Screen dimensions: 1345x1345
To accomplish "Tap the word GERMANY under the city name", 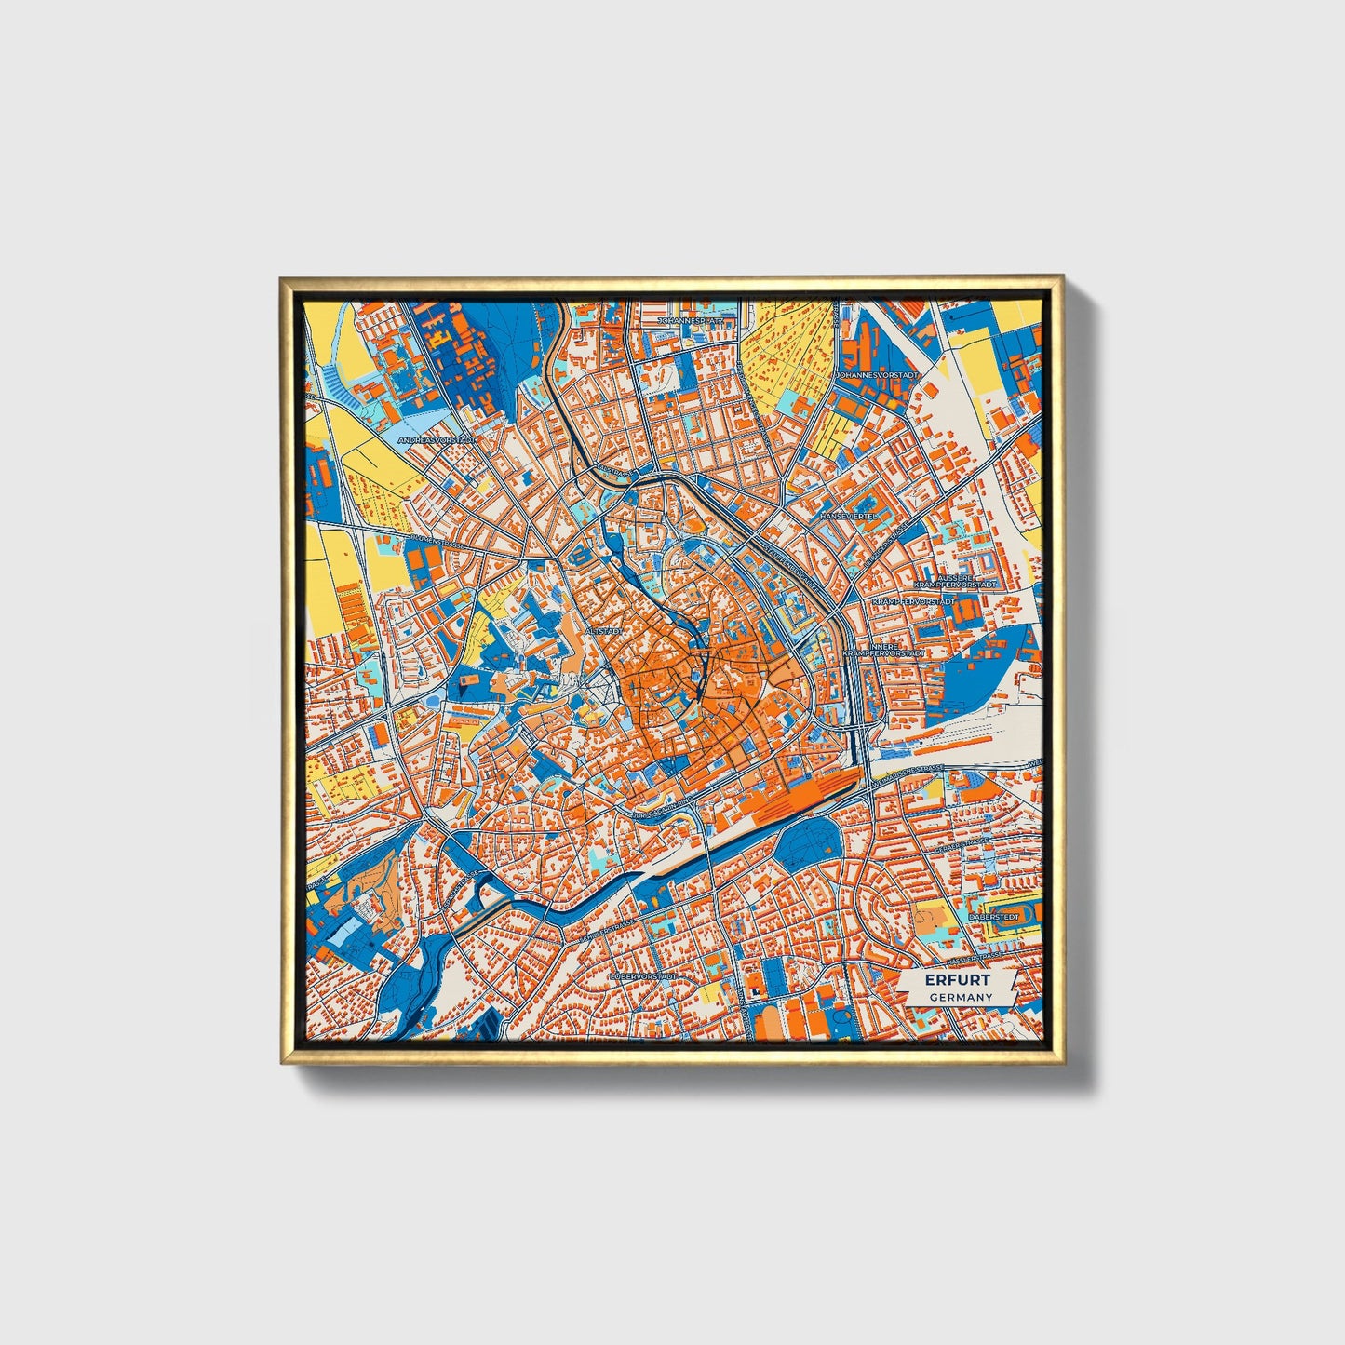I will click(960, 997).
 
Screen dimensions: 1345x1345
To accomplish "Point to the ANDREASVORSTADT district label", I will click(436, 439).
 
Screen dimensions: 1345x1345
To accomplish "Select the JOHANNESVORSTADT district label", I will click(876, 375).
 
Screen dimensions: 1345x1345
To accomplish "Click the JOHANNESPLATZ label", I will click(690, 320).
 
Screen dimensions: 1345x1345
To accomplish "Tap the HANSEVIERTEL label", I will click(848, 515).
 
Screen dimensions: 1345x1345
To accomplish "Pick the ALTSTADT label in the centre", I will click(601, 631).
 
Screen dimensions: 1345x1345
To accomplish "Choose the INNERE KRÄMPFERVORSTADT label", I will click(883, 650).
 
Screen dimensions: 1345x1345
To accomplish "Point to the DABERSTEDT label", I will click(993, 917).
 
